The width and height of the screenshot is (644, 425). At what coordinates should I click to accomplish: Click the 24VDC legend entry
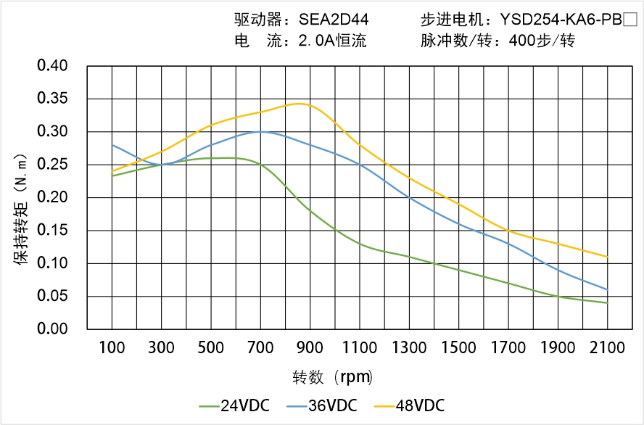pos(234,405)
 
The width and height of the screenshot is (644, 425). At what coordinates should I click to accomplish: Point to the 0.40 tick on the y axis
pos(52,67)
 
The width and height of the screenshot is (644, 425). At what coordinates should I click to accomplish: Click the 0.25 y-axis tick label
pos(52,165)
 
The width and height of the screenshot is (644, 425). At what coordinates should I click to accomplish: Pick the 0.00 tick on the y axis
pos(52,329)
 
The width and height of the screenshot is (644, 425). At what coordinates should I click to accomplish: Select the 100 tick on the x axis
pos(112,348)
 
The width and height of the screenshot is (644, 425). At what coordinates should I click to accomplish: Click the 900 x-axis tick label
pos(310,348)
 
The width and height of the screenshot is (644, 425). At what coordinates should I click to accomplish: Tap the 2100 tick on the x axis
pos(607,348)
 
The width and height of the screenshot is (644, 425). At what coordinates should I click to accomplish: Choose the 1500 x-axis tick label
pos(458,348)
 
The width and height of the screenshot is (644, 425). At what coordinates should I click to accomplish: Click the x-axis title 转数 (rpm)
pos(333,377)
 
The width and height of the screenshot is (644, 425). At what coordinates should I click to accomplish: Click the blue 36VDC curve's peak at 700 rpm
pos(260,131)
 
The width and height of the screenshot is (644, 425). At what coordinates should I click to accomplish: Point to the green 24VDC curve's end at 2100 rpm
pos(607,302)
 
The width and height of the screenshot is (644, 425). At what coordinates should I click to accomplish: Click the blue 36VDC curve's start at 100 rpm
pos(112,145)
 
